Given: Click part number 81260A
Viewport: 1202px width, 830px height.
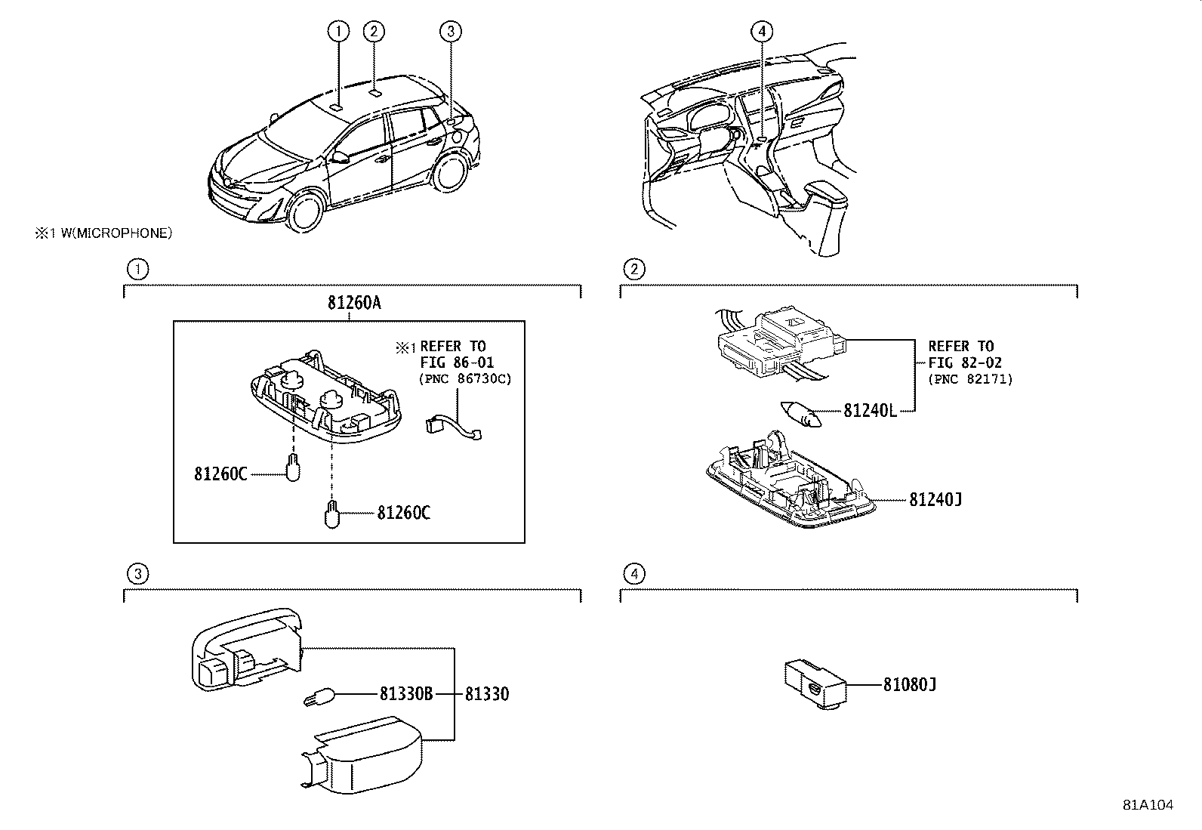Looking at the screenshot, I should [354, 304].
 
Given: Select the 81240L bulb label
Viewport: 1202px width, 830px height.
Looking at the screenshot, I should [870, 411].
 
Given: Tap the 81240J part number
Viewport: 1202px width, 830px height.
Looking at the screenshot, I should [935, 499].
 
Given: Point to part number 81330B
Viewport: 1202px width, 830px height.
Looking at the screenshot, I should [406, 693].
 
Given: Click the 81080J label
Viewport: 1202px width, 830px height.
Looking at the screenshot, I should [910, 685].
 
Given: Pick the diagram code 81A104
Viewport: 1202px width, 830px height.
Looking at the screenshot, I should [1148, 805].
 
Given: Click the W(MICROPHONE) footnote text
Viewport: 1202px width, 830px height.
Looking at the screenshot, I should [116, 233].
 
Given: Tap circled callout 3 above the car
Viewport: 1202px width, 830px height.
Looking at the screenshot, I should [451, 31].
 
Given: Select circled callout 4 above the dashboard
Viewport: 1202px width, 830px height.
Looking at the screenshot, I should [762, 31].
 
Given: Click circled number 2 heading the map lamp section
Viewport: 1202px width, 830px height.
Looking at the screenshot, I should [633, 269].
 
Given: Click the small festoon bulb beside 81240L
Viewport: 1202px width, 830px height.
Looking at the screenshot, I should [801, 413].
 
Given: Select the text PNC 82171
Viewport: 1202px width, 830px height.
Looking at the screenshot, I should [969, 379].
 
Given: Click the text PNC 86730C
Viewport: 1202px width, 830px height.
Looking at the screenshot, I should [465, 379].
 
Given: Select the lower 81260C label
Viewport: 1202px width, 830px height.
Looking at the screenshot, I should [403, 514].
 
